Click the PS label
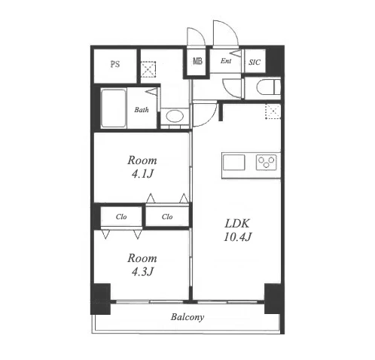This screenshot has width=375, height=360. tap(115, 65)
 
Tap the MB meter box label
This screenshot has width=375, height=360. tap(197, 61)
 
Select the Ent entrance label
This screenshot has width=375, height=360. tap(226, 61)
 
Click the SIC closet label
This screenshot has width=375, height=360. tap(255, 63)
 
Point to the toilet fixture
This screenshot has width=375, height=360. tap(268, 87)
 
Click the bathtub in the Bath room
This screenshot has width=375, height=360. tap(114, 108)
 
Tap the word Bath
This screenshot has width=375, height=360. tap(142, 110)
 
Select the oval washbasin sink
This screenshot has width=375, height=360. tap(175, 117)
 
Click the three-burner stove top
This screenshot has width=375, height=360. tap(267, 162)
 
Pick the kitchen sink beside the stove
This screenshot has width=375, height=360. tap(233, 163)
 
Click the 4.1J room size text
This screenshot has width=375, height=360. tap(142, 174)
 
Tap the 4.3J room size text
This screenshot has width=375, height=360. tap(142, 272)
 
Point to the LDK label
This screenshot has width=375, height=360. tap(237, 224)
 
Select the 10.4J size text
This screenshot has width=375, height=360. tap(237, 237)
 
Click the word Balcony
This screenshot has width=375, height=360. tap(187, 317)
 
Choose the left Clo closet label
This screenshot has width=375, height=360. tap(121, 217)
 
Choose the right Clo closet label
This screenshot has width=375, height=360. tap(167, 216)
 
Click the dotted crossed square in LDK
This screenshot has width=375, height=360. tap(273, 111)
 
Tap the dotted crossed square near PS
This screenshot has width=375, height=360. tap(148, 69)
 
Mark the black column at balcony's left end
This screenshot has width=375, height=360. tap(100, 299)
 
